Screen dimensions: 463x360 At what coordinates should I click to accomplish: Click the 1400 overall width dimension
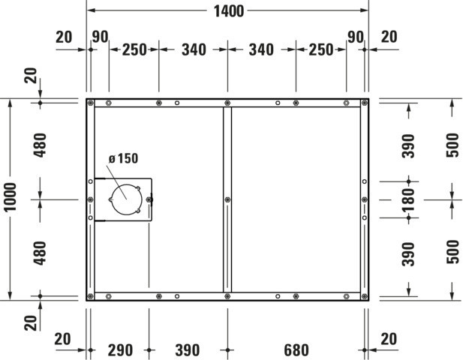(x=229, y=11)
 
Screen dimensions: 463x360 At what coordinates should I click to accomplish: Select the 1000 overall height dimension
(x=11, y=196)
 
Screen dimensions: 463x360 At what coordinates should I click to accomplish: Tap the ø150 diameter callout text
(x=123, y=158)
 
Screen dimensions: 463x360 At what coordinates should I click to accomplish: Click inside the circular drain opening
(x=126, y=199)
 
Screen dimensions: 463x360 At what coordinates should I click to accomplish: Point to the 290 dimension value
(x=120, y=350)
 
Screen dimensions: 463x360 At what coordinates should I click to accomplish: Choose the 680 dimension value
(x=296, y=350)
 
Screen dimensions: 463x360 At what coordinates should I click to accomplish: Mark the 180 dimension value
(x=409, y=200)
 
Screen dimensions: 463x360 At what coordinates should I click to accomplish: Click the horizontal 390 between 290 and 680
(x=188, y=350)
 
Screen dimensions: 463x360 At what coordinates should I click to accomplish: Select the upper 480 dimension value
(x=41, y=145)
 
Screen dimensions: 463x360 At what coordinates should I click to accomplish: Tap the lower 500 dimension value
(x=452, y=252)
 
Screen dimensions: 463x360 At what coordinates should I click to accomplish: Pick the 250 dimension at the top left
(x=134, y=49)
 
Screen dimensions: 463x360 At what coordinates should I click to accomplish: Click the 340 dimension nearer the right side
(x=261, y=49)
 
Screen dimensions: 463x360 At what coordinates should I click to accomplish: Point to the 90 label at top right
(x=355, y=37)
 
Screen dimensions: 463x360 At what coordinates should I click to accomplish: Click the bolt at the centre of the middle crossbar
(x=227, y=199)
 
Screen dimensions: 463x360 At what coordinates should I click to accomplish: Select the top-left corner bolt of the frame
(x=91, y=103)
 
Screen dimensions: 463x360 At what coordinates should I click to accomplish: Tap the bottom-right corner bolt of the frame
(x=365, y=296)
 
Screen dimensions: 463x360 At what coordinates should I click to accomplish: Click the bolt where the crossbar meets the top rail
(x=227, y=103)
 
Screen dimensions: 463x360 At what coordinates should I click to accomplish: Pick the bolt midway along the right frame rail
(x=365, y=199)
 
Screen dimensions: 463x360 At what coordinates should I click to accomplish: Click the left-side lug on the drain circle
(x=111, y=199)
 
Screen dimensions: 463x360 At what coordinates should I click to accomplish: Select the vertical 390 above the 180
(x=409, y=146)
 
